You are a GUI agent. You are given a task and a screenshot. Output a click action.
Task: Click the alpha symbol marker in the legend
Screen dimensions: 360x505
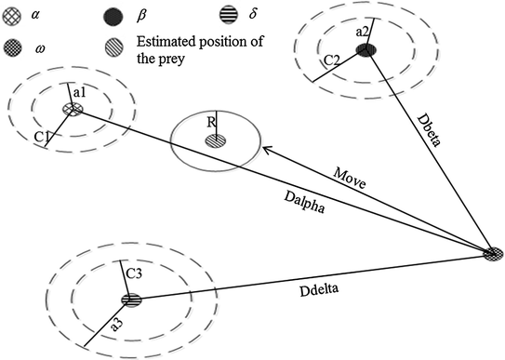tap(10, 16)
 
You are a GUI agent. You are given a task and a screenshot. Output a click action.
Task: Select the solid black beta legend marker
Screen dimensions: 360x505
tap(113, 16)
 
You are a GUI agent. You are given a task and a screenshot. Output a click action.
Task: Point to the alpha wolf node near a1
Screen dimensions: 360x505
tap(72, 110)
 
